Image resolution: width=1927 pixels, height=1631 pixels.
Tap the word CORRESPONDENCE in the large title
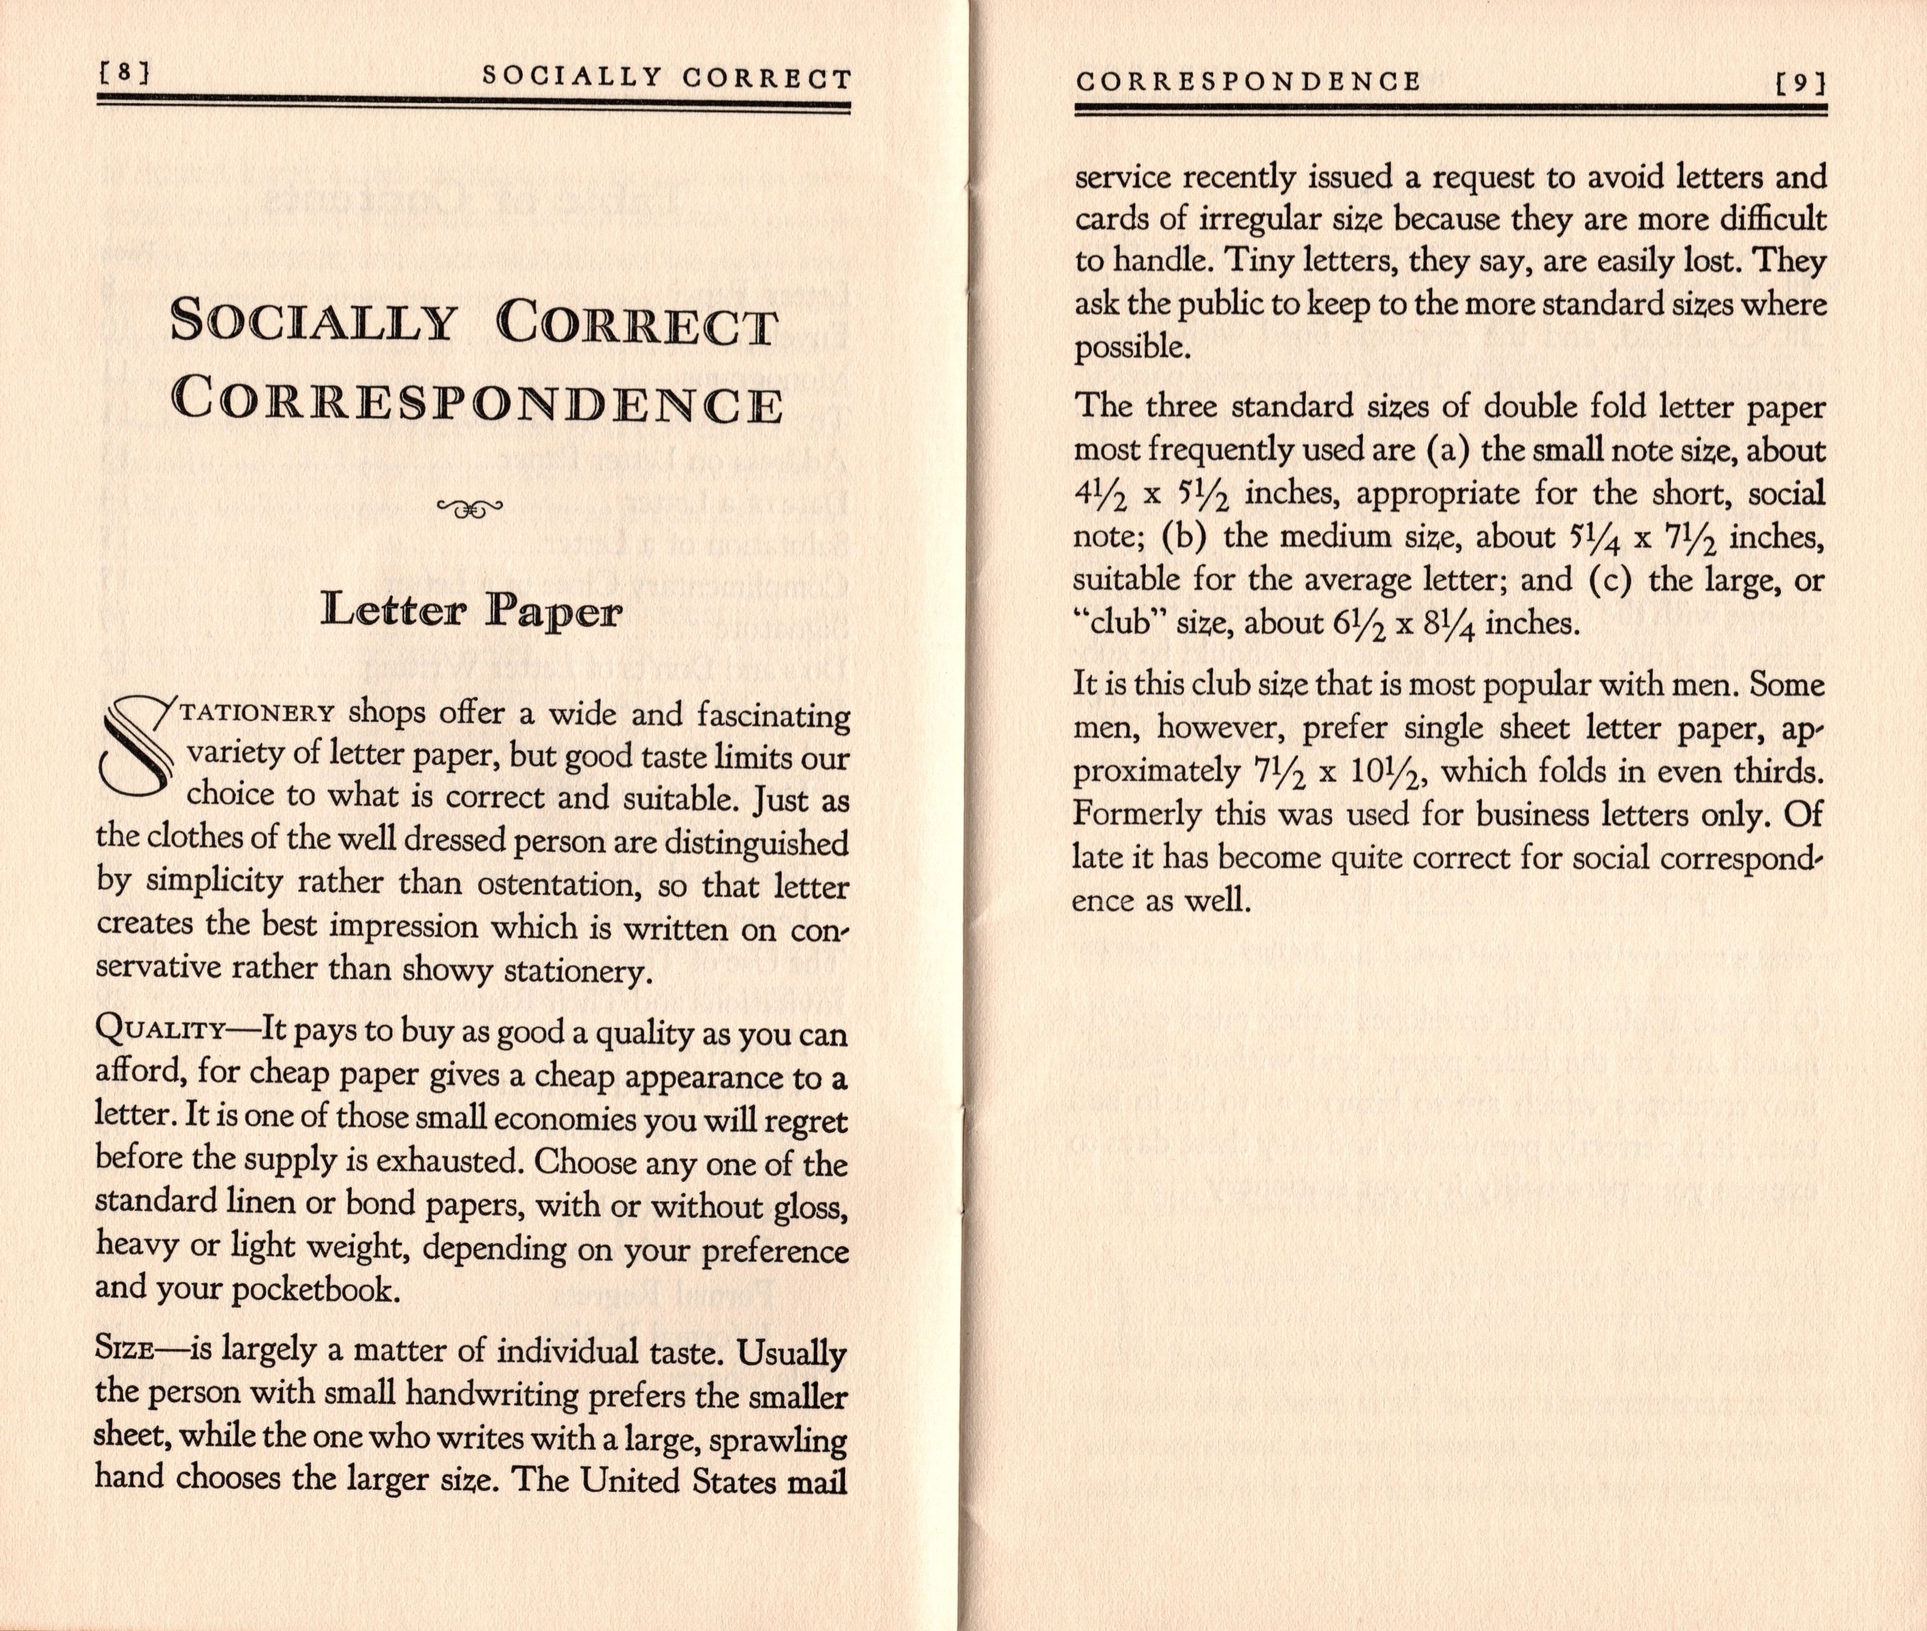478,404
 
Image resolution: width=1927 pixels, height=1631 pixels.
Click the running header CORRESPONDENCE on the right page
1248,81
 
